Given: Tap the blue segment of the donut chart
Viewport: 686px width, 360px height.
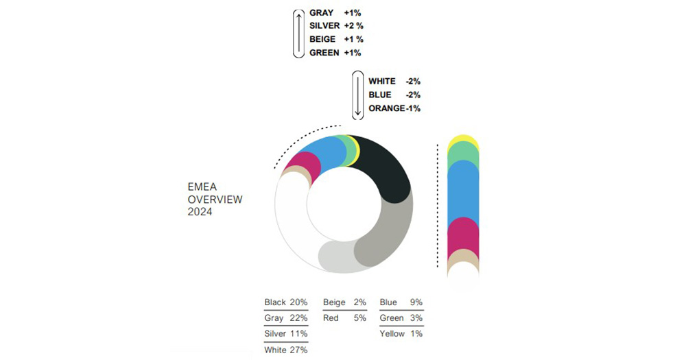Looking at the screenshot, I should click(329, 152).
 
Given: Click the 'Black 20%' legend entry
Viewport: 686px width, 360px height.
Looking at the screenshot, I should click(286, 302).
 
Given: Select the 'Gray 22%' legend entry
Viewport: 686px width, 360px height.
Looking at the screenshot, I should click(286, 318).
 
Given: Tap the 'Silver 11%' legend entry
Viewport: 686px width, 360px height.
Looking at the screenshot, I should click(286, 334).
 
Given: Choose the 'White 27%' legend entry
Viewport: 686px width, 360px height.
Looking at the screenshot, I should click(286, 350).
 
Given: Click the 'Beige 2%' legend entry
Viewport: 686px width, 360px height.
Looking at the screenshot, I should click(344, 302).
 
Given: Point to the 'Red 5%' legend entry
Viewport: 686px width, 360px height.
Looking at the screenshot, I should click(344, 318).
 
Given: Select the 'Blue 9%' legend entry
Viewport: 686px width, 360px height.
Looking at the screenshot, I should click(401, 302).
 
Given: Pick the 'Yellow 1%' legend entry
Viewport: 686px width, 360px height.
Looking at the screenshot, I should click(401, 334).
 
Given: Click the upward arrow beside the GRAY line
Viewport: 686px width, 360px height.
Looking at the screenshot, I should click(298, 33).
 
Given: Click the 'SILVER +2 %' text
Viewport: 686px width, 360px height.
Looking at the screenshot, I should click(336, 26).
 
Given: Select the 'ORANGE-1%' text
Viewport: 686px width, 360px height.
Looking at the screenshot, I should click(394, 108).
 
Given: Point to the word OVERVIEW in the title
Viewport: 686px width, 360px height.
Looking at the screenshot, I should click(215, 200).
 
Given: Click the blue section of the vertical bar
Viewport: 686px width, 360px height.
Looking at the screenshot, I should click(463, 192).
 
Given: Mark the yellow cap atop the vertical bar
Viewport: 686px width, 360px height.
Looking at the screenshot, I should click(463, 139).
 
